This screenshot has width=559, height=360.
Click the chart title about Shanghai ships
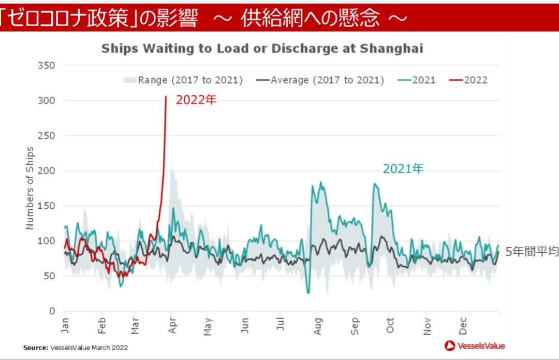(x=262, y=49)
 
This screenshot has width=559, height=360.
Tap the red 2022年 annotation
(x=196, y=100)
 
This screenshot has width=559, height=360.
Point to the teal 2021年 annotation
(x=403, y=169)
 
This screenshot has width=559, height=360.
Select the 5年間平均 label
(x=532, y=252)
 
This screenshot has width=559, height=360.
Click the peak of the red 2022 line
(x=166, y=97)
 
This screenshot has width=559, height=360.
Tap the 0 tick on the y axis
(x=52, y=311)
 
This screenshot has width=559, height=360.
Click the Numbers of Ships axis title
(x=30, y=188)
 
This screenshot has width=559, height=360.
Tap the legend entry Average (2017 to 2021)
(x=321, y=80)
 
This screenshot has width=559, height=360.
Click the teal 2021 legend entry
(x=417, y=80)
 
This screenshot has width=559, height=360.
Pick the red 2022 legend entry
(x=468, y=80)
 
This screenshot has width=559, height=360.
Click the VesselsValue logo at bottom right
(x=475, y=345)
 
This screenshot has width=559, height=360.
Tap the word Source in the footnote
(x=35, y=348)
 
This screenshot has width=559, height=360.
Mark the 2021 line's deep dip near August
(x=308, y=293)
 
